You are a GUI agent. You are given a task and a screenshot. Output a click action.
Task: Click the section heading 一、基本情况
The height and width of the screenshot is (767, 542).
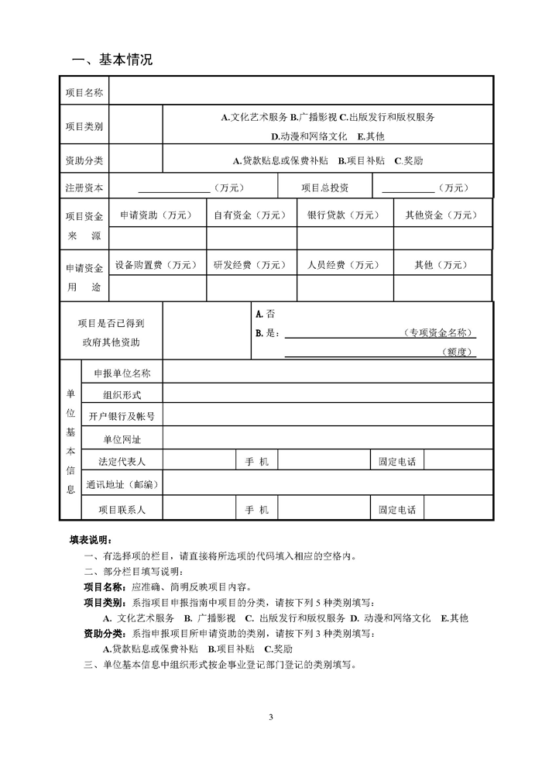coord(112,60)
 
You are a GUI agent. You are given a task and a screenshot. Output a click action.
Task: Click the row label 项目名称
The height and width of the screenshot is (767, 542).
coord(84,92)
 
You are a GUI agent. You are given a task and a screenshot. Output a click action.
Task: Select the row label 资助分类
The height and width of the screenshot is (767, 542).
coord(84,161)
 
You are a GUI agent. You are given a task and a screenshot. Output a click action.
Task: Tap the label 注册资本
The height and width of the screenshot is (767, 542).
coord(84,187)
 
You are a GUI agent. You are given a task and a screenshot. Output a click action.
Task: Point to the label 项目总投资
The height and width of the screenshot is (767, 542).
coord(325,187)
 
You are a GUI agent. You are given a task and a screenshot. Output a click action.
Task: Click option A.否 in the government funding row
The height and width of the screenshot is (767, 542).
coord(265,315)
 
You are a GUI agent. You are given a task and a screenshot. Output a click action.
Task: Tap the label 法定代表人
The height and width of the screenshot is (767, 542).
coord(122,461)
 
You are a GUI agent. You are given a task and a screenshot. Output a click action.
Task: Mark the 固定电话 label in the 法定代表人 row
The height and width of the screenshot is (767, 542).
coord(397,461)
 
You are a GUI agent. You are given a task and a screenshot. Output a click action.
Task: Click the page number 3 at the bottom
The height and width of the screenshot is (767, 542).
coord(271,716)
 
